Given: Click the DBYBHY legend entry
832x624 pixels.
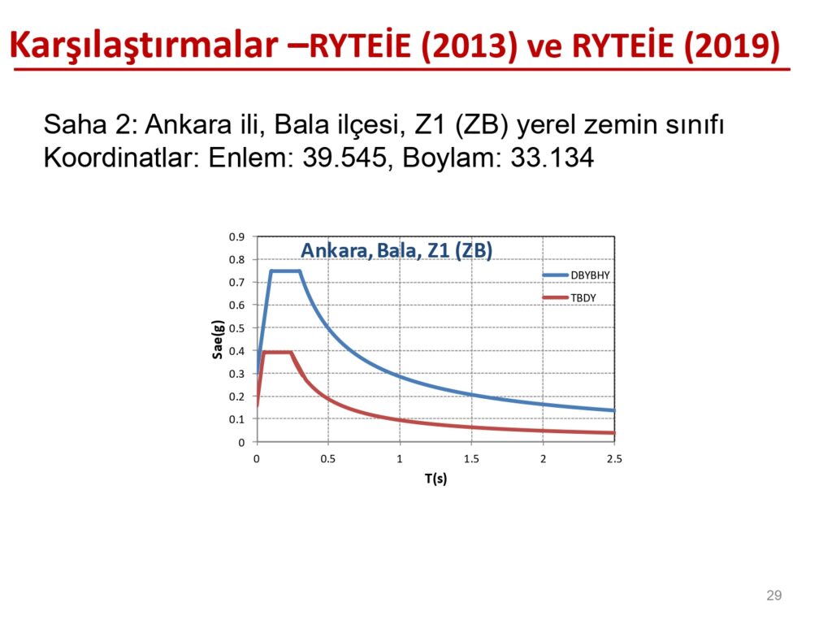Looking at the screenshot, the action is click(576, 275).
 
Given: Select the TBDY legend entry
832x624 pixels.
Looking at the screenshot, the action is click(570, 297).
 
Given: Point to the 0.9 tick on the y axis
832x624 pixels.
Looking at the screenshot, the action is click(236, 237).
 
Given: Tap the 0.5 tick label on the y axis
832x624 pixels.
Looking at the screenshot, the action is click(236, 328).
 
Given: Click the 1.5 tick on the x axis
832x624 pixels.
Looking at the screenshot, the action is click(471, 459).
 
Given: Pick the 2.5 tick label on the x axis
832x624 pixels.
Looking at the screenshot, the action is click(614, 459).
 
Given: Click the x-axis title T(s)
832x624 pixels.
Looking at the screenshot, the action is click(435, 479).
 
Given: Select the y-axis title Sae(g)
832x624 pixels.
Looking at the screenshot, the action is click(218, 340).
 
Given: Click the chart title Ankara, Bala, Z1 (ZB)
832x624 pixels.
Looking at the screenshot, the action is click(396, 250).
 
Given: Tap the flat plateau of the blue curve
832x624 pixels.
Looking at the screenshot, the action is click(285, 271).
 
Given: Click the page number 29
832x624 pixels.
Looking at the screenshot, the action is click(773, 596).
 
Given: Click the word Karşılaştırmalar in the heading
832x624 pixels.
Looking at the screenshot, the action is click(144, 45).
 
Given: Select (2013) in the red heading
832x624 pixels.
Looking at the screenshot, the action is click(469, 45).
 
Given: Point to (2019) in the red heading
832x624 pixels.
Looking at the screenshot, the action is click(732, 45).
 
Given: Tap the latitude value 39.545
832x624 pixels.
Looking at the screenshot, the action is click(344, 158).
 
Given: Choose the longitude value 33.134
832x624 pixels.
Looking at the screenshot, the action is click(552, 158).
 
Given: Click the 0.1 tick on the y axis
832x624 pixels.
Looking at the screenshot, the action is click(236, 420).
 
